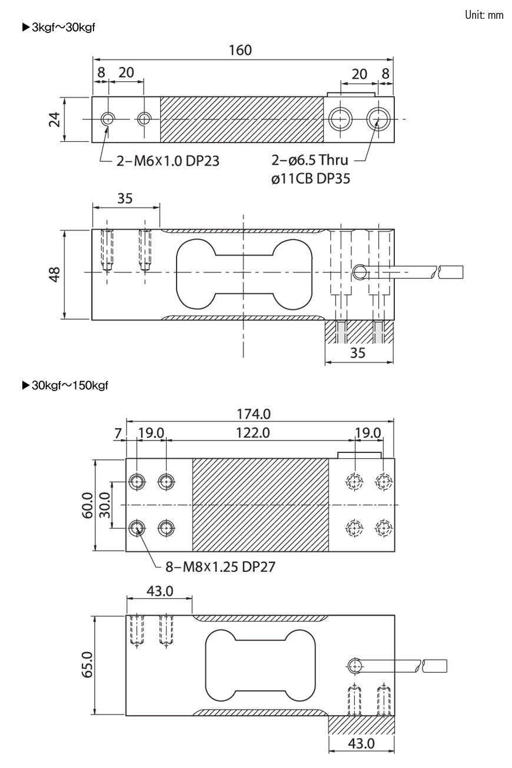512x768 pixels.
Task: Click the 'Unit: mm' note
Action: pyautogui.click(x=484, y=15)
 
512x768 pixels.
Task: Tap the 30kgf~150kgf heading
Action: pyautogui.click(x=64, y=386)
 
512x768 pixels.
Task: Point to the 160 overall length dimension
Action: pyautogui.click(x=241, y=50)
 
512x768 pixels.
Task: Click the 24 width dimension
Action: pyautogui.click(x=54, y=120)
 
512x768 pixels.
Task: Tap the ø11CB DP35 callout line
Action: pyautogui.click(x=311, y=178)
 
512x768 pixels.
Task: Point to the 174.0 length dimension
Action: pyautogui.click(x=258, y=414)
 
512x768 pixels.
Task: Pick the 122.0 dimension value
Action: pyautogui.click(x=253, y=433)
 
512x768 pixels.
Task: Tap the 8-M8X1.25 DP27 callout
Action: pyautogui.click(x=220, y=567)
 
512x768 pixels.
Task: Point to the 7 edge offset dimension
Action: pyautogui.click(x=118, y=433)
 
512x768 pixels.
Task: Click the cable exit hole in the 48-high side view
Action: pyautogui.click(x=360, y=271)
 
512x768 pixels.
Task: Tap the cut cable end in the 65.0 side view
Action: pyautogui.click(x=435, y=667)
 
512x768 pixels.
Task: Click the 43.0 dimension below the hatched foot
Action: pyautogui.click(x=361, y=743)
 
